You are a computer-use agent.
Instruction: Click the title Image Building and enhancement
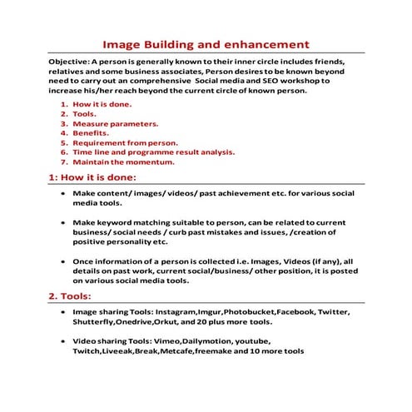(206, 44)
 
